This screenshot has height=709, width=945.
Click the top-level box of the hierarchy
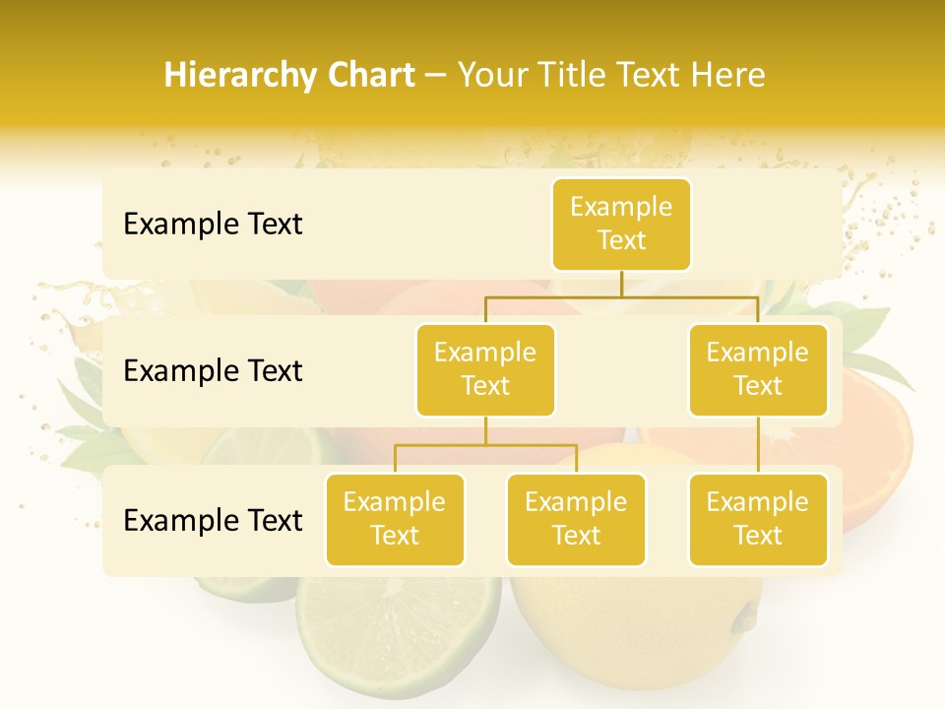click(x=621, y=224)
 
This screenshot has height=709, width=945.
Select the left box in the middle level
click(x=485, y=369)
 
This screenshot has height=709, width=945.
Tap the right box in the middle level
click(x=758, y=369)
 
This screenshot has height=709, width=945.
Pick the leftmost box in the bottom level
click(x=395, y=519)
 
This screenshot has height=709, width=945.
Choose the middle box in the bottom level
click(x=576, y=519)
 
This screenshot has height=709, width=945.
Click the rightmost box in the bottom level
click(x=758, y=519)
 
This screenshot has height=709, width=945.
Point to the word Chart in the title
click(x=366, y=75)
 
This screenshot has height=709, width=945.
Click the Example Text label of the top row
click(x=213, y=224)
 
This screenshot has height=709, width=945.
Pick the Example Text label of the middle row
click(x=213, y=370)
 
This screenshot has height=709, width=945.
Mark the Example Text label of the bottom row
click(x=213, y=519)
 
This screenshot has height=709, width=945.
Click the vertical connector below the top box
click(x=621, y=284)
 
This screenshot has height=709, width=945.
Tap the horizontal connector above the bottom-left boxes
click(x=485, y=445)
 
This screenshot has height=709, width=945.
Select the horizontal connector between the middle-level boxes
click(x=621, y=295)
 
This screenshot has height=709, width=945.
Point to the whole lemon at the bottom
click(x=630, y=640)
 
